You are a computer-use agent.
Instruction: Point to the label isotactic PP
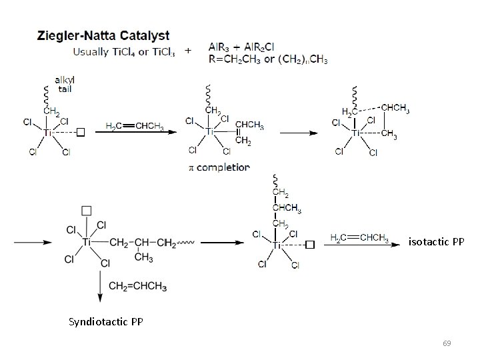(x=436, y=243)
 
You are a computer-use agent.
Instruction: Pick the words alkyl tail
(x=65, y=84)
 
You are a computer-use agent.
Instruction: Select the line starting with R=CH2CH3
(x=267, y=60)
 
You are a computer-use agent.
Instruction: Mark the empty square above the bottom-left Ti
(x=86, y=211)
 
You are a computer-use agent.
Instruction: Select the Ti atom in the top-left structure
(x=48, y=133)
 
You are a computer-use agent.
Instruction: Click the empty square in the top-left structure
(x=80, y=133)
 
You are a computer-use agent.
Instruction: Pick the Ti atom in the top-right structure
(x=357, y=133)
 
